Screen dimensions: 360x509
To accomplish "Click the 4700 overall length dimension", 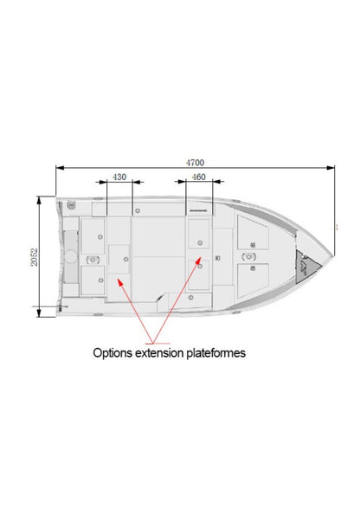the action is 195,163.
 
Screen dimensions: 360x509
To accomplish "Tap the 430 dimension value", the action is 119,177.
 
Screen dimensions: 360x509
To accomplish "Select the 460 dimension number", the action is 198,177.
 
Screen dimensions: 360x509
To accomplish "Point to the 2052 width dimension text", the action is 34,257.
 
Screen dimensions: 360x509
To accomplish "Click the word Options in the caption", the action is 112,353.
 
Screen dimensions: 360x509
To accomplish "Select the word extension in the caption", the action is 159,352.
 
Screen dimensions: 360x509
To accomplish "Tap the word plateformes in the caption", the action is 215,353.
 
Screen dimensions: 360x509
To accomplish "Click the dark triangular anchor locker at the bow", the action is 305,267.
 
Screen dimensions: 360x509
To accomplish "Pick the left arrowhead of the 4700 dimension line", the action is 60,168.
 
